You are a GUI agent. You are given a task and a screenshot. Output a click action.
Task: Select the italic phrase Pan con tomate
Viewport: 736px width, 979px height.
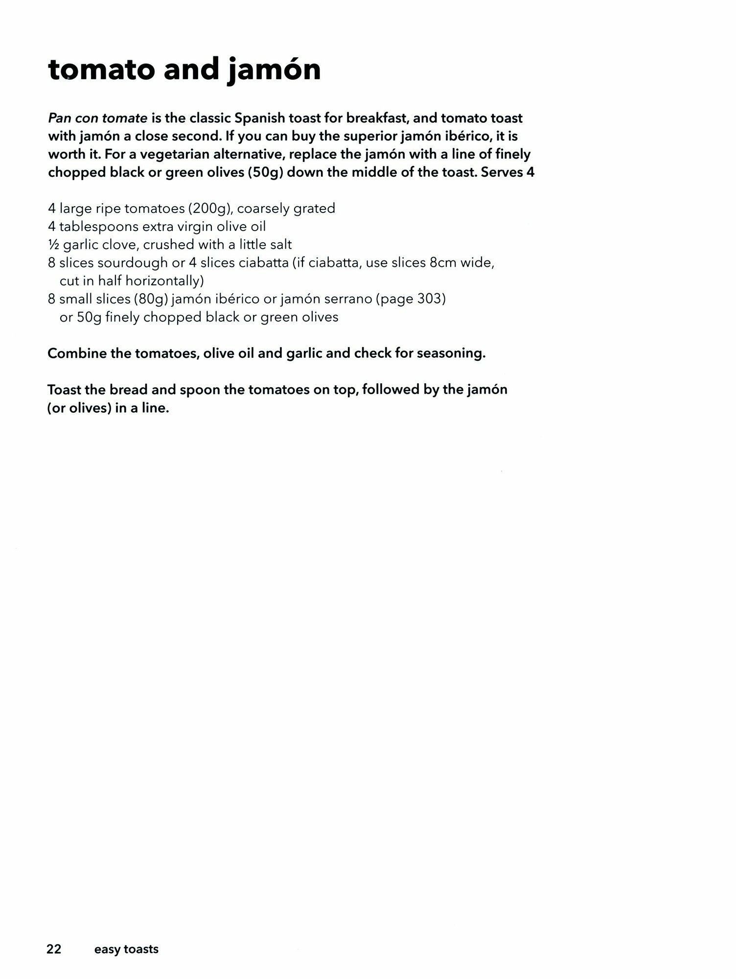(97, 118)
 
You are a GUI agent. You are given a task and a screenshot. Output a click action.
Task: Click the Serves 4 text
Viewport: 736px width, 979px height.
(508, 172)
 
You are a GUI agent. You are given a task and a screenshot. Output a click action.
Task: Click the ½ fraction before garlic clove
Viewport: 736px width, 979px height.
(53, 244)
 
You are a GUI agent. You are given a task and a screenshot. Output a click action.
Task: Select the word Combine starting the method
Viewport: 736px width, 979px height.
(77, 353)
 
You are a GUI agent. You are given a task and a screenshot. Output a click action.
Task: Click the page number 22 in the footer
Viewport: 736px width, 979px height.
(54, 949)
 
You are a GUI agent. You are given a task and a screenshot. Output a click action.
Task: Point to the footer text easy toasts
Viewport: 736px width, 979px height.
(126, 949)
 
